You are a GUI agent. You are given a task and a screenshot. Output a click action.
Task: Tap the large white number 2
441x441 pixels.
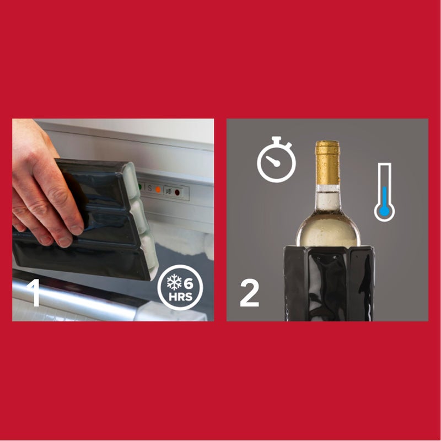(x=249, y=294)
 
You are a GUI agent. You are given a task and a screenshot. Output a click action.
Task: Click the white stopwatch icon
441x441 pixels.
(x=277, y=160)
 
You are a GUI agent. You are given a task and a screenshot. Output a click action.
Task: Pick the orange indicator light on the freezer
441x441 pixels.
(x=158, y=189)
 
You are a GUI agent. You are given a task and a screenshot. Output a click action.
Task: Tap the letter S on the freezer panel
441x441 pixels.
(x=149, y=187)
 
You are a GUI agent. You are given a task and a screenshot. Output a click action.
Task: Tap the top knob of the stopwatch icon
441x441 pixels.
(x=277, y=139)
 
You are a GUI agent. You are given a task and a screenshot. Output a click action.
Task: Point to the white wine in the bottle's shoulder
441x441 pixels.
(x=328, y=223)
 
